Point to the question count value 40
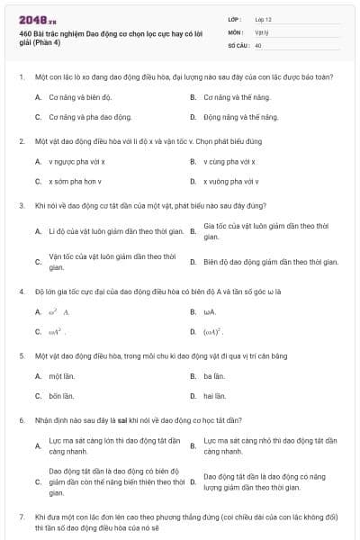tap(258, 45)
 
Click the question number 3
tap(21, 205)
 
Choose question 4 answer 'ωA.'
tap(210, 311)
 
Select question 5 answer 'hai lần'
tap(214, 396)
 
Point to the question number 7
tap(21, 517)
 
